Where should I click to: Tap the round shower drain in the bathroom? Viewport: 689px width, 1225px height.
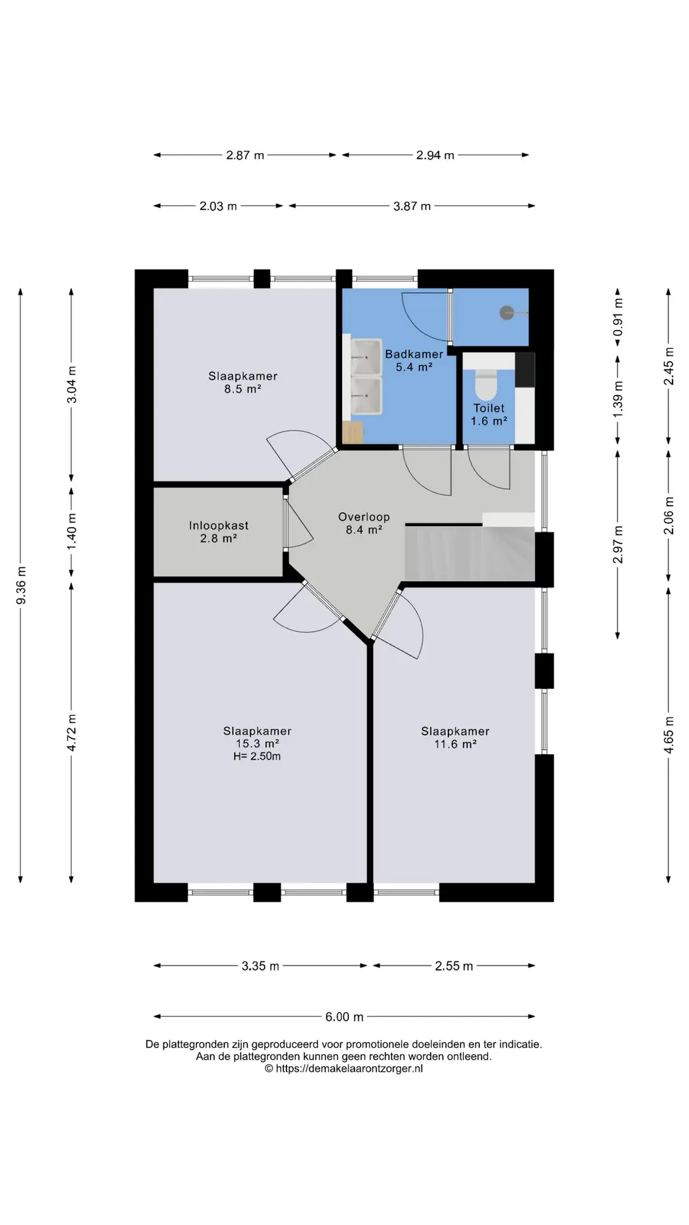click(507, 313)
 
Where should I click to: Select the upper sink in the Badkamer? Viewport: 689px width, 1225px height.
click(367, 357)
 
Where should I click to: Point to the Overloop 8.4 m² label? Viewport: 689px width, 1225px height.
click(364, 523)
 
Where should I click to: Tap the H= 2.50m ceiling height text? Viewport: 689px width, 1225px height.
click(257, 756)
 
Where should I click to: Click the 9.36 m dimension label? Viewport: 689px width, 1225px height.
click(21, 585)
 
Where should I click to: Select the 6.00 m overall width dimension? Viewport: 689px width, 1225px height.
click(344, 1016)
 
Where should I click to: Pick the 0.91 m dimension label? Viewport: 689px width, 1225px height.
click(618, 318)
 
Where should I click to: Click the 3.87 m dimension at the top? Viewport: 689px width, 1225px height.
click(412, 206)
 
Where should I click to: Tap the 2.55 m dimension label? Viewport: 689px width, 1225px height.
click(454, 966)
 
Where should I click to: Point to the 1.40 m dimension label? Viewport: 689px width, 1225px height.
click(71, 532)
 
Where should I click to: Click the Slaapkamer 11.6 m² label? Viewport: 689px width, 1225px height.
click(456, 738)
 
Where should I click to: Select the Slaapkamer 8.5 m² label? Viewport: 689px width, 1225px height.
click(243, 382)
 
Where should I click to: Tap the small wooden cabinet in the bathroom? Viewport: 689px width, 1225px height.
click(353, 432)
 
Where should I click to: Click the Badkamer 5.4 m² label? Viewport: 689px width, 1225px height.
click(414, 360)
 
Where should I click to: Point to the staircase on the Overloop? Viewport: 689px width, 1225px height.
click(470, 552)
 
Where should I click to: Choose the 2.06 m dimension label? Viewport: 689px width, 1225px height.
click(669, 516)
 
